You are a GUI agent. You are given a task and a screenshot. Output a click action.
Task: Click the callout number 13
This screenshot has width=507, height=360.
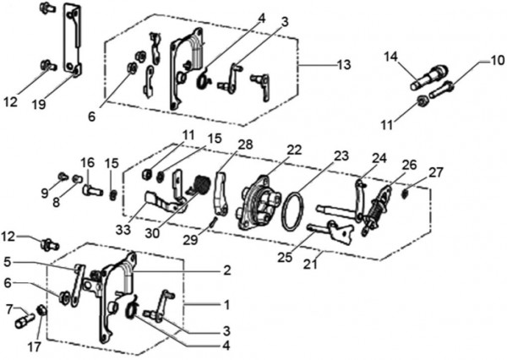click(344, 65)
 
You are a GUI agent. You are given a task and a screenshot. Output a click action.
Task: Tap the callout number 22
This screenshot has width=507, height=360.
click(294, 150)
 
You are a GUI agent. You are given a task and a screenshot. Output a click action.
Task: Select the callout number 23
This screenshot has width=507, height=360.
click(341, 155)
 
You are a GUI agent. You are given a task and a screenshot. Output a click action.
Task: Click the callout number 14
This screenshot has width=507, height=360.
click(390, 57)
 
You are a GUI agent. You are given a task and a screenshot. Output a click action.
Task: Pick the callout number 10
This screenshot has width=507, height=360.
click(498, 60)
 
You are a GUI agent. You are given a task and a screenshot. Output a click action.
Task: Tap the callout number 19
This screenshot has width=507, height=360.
click(39, 104)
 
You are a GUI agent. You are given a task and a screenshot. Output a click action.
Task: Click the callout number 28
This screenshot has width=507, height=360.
click(245, 145)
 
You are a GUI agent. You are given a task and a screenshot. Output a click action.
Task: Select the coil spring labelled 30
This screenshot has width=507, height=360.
click(200, 186)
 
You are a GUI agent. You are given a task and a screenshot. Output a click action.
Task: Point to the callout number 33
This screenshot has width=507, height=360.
click(123, 230)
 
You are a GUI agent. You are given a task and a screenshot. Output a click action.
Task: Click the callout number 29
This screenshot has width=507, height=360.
click(190, 240)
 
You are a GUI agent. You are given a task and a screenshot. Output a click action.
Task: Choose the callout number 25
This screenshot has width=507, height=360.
click(285, 257)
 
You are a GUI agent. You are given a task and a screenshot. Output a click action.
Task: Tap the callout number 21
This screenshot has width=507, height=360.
click(310, 264)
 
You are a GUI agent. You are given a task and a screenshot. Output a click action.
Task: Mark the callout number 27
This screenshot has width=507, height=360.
click(435, 172)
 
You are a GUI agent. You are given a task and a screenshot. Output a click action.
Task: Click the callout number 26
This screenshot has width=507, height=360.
click(409, 165)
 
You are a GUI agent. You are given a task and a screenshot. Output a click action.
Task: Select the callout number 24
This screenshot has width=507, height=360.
click(379, 158)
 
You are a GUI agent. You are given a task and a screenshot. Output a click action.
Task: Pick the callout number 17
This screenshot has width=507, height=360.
click(34, 346)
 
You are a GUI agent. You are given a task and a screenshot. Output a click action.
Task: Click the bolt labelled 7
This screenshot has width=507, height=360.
click(25, 321)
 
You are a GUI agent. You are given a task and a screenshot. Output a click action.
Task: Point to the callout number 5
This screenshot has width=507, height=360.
click(8, 262)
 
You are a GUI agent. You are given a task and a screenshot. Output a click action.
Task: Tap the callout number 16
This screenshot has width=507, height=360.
click(88, 162)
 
